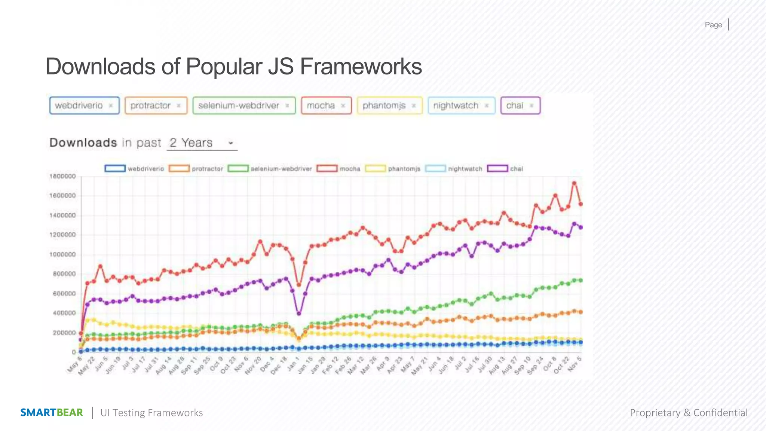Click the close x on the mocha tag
[x=343, y=106]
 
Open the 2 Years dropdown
[x=202, y=143]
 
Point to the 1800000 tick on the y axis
[x=62, y=176]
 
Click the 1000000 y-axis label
[x=62, y=254]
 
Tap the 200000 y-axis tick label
[x=64, y=333]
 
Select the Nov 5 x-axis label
[x=575, y=364]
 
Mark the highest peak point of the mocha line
[x=574, y=183]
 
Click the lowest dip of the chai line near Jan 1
[x=299, y=314]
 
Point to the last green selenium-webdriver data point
[x=580, y=280]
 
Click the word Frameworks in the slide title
[x=361, y=67]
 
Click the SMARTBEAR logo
[x=52, y=413]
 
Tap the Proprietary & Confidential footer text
[x=689, y=413]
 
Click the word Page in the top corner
[x=713, y=25]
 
